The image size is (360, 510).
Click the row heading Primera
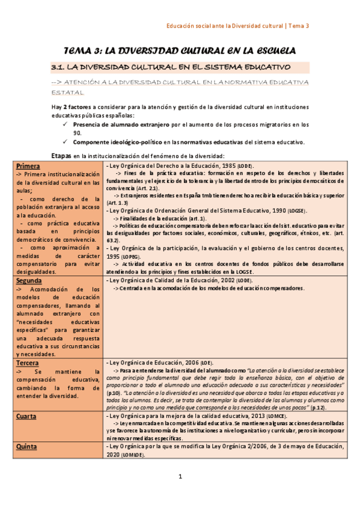28,166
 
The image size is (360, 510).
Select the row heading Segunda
29,281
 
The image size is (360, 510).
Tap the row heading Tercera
28,363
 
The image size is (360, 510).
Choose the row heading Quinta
26,447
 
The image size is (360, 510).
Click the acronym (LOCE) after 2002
244,280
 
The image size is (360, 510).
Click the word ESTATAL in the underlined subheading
67,93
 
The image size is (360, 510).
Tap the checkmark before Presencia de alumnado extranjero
66,125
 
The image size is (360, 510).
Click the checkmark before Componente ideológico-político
66,143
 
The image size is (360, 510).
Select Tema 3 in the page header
299,26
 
